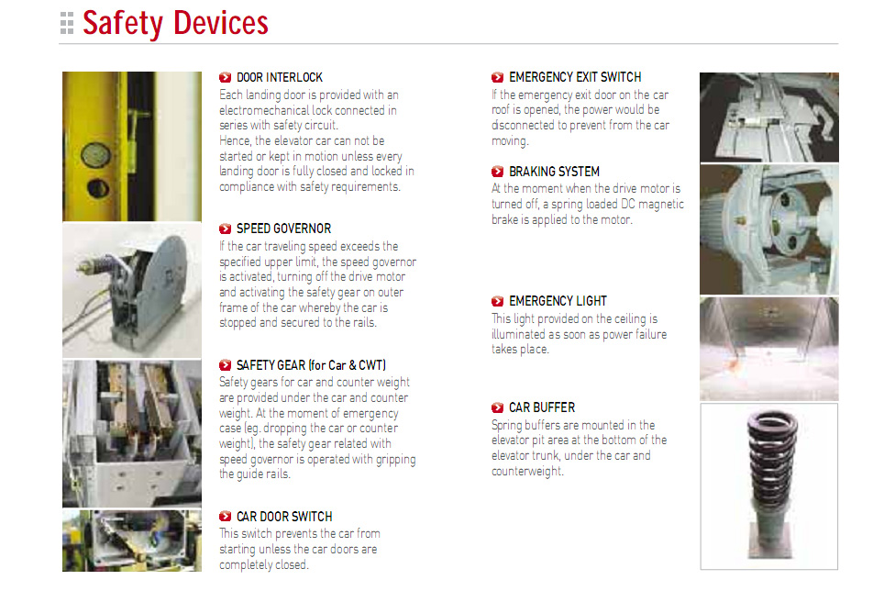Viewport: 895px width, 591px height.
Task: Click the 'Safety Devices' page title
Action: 175,23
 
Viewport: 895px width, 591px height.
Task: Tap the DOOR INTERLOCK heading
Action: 280,78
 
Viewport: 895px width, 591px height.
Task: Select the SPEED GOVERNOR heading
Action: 283,229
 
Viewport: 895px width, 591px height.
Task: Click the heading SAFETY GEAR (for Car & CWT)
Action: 311,365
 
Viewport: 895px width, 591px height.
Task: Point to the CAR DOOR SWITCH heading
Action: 284,517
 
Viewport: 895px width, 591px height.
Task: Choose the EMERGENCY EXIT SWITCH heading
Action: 575,77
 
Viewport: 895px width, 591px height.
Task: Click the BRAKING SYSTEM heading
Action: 554,172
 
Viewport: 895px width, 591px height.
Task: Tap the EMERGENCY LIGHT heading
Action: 558,301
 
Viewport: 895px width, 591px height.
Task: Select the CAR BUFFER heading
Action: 542,407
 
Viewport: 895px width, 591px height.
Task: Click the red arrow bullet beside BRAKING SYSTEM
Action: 497,172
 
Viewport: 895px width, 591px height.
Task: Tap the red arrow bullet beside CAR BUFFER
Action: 497,407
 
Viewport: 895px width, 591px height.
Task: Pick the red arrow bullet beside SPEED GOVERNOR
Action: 225,229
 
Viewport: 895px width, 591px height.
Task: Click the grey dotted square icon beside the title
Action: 67,24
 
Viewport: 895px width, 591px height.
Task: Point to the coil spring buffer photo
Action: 768,486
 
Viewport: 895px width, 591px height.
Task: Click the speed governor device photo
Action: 132,290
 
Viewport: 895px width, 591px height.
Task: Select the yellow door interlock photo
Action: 132,146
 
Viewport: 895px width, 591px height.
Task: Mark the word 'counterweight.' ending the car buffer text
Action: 527,472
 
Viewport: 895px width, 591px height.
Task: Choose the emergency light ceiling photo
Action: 768,349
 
